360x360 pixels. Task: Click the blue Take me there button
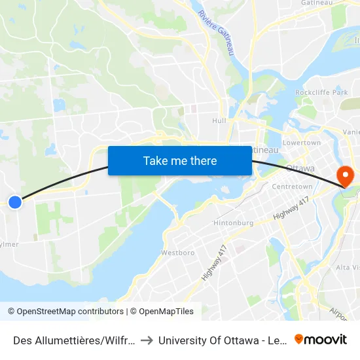[180, 161]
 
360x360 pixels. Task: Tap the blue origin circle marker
[15, 202]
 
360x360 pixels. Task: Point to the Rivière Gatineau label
[215, 32]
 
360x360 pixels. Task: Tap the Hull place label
[219, 121]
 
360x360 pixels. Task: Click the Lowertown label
[301, 143]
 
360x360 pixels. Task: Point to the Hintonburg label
[232, 223]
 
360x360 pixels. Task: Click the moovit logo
[321, 339]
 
